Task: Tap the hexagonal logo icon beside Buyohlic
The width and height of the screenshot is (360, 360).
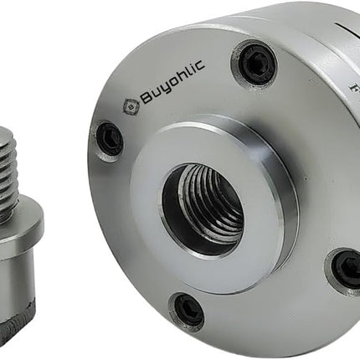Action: coord(131,106)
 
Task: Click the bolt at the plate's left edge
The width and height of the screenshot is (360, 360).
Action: coord(109,138)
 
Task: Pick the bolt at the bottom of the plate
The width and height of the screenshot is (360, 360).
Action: coord(187,311)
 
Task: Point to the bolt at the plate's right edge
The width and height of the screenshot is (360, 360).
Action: coord(345,268)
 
